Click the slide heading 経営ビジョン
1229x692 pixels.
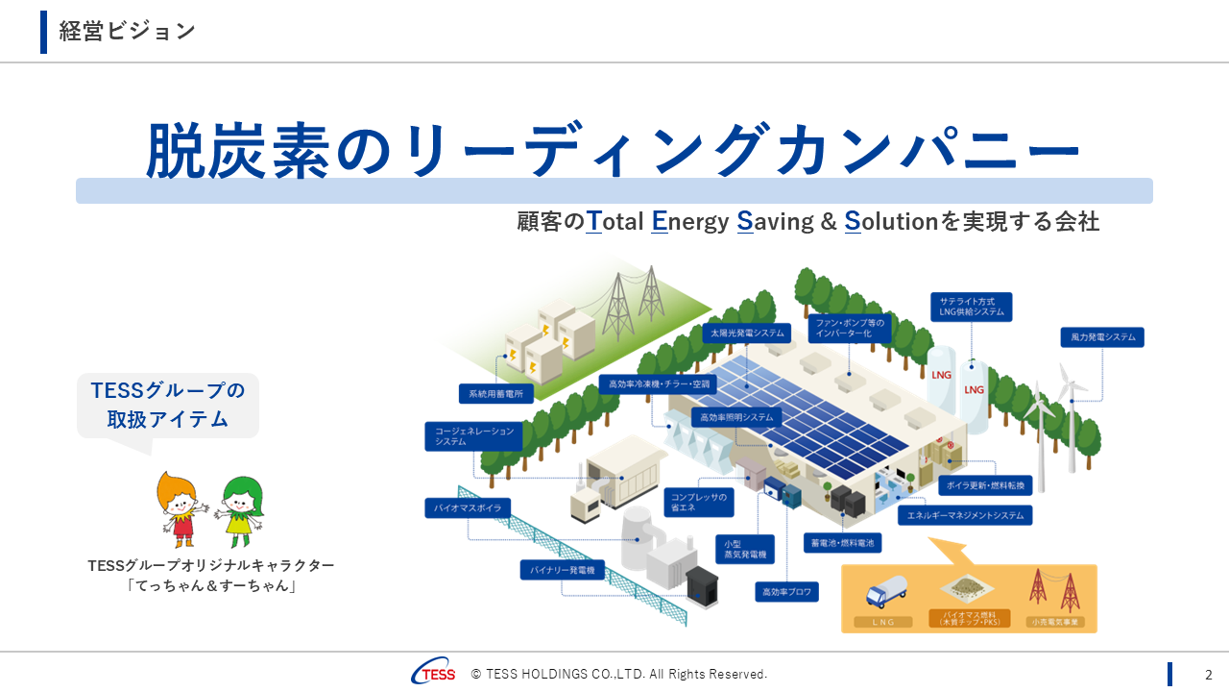point(127,31)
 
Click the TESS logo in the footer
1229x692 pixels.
point(434,673)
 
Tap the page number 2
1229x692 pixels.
point(1209,674)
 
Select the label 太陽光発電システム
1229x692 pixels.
point(747,334)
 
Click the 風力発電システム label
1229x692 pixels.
point(1101,337)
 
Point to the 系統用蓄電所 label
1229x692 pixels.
point(496,393)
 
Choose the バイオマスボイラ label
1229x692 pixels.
point(468,507)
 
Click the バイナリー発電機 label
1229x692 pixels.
point(563,570)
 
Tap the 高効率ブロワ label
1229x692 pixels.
point(786,592)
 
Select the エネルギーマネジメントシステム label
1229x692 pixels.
point(965,515)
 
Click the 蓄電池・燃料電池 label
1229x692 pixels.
point(842,543)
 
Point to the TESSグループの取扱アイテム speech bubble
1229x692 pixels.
point(168,405)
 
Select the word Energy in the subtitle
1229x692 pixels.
point(689,222)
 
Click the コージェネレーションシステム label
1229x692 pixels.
point(474,436)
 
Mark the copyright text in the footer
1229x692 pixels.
point(619,674)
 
